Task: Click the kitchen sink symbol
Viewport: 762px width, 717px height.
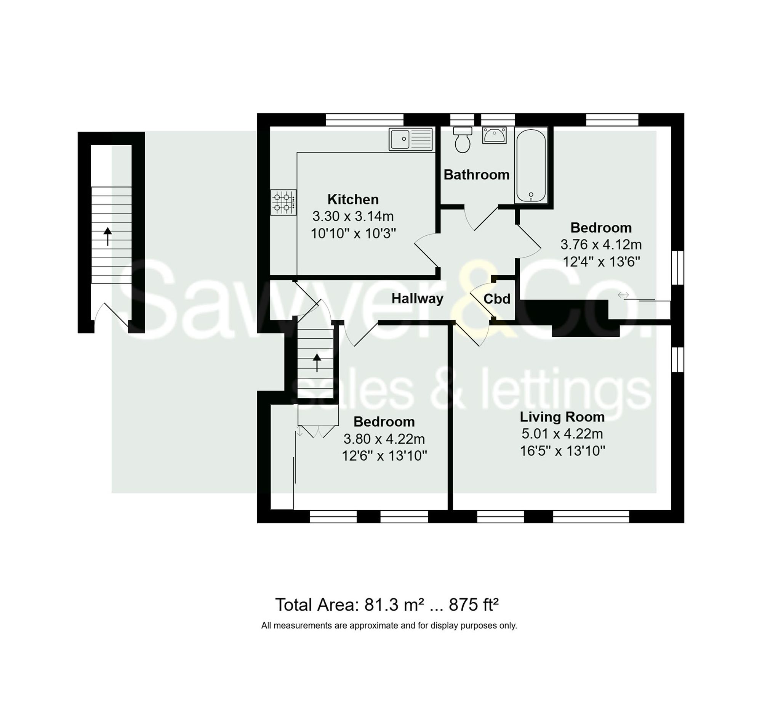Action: [x=410, y=139]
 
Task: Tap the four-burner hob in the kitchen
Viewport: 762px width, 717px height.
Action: [x=283, y=203]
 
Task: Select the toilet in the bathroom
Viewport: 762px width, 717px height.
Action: [x=462, y=140]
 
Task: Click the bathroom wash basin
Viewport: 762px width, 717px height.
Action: [x=494, y=135]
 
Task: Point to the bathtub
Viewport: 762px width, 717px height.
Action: [x=531, y=166]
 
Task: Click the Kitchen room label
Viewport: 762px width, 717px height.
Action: [x=353, y=199]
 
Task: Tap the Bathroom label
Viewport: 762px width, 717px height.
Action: [x=477, y=175]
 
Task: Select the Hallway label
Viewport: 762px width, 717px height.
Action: [x=417, y=299]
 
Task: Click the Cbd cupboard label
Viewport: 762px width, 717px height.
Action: [x=497, y=299]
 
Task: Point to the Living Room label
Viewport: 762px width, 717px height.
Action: [x=562, y=417]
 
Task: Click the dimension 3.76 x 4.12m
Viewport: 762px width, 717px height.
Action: [x=600, y=244]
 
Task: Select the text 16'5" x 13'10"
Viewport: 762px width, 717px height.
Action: [x=562, y=451]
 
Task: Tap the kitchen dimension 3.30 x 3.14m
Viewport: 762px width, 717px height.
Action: [x=353, y=216]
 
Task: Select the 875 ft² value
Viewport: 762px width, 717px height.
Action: [x=473, y=605]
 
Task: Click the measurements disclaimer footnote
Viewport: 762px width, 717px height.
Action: [x=389, y=626]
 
